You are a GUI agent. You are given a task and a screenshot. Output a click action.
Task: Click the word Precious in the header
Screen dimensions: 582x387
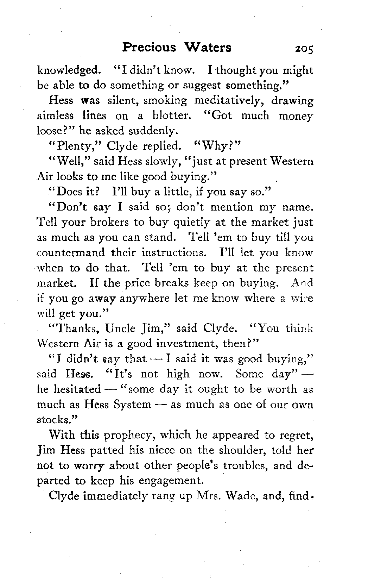(x=149, y=47)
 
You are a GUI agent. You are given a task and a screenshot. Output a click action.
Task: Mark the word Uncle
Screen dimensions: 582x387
(x=120, y=328)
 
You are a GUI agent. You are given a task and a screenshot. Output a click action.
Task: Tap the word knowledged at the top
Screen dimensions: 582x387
(x=69, y=70)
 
